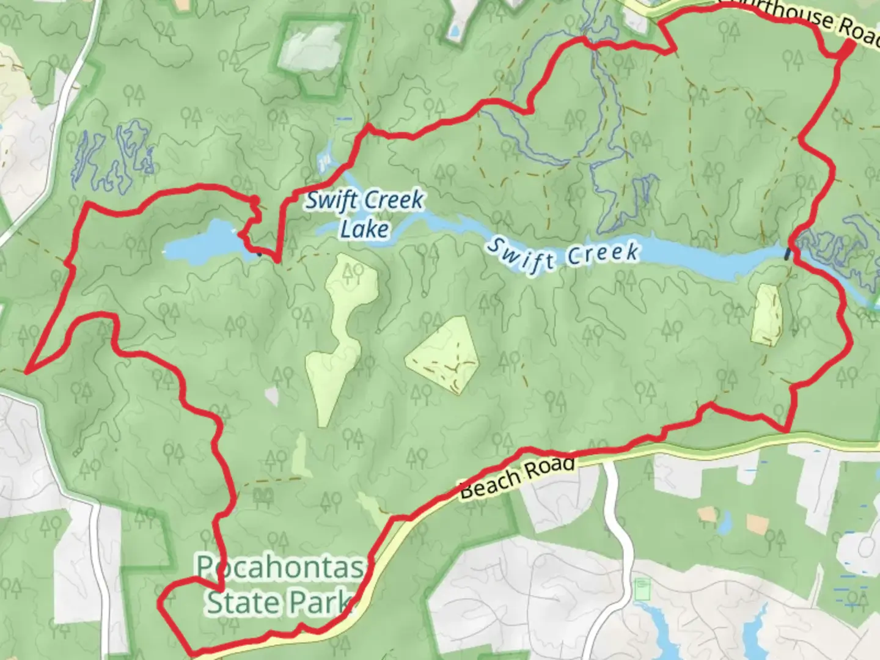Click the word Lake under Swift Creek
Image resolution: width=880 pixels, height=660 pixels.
pos(364,229)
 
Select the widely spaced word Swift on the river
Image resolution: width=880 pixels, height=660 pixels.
pos(519,255)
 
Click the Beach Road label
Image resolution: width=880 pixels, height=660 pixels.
pos(516,479)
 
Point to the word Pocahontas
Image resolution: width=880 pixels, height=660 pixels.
pos(280,568)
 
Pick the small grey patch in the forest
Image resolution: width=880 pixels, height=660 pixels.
pos(272,397)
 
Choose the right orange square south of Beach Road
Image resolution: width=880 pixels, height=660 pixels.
pos(757,523)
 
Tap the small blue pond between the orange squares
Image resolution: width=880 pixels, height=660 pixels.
pos(725,522)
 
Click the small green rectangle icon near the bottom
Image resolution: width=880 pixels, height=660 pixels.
pos(642,590)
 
